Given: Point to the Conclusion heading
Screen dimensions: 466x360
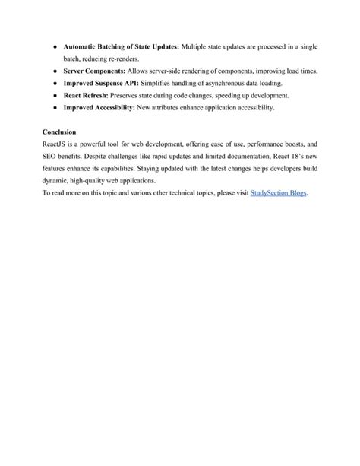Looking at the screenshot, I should (x=60, y=132).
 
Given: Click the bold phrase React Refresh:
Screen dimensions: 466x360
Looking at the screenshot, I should (x=86, y=95).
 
